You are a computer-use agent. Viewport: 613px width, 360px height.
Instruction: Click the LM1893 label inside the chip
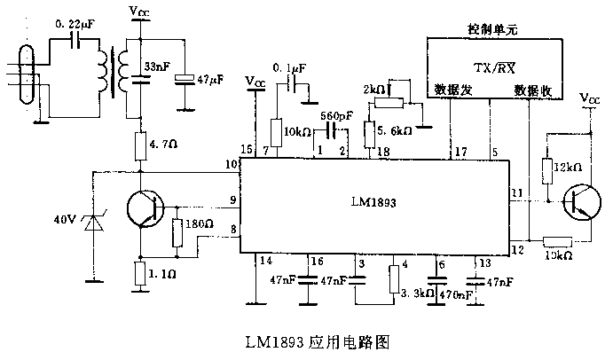click(x=373, y=202)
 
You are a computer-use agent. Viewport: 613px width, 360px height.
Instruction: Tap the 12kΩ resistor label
click(x=565, y=168)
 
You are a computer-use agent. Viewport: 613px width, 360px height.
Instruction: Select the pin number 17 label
click(x=460, y=152)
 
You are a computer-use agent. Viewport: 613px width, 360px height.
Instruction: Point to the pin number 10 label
click(x=232, y=166)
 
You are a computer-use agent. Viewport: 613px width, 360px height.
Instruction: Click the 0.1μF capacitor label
click(x=288, y=67)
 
